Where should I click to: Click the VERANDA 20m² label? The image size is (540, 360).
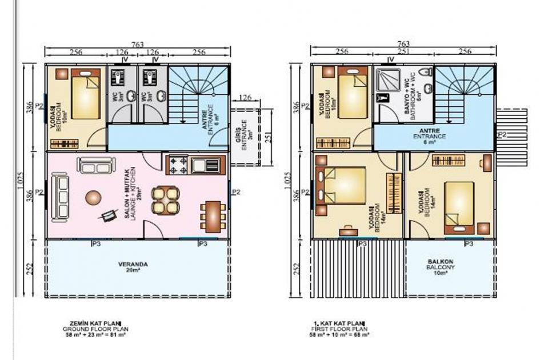pos(133,267)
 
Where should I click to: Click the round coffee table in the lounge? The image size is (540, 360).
pos(93,198)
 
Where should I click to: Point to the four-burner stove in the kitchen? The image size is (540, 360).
pos(178,166)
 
